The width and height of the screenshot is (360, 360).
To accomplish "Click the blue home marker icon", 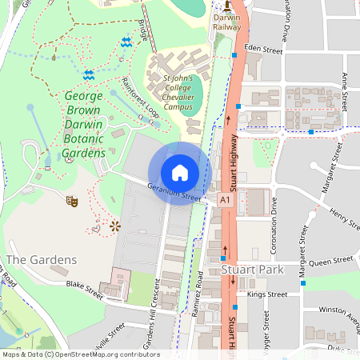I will tap(180, 173).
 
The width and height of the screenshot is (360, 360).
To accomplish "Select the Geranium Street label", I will tap(173, 192).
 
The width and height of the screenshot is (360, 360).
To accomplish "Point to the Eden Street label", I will tap(264, 50).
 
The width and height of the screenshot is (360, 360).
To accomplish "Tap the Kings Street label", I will tap(267, 294).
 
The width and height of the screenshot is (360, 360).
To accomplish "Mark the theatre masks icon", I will tap(71, 202).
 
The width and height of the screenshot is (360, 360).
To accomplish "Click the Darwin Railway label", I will tap(226, 21).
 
